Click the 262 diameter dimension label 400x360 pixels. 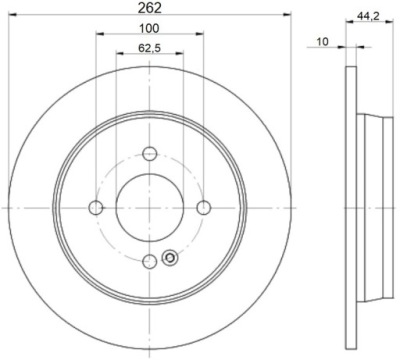[150, 7]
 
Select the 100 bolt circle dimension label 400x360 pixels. [149, 28]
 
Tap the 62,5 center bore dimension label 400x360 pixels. [149, 48]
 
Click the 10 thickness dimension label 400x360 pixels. [322, 42]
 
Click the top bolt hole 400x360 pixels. [150, 153]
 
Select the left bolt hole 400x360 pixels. [96, 208]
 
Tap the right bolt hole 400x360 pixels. [204, 208]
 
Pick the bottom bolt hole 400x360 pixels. [150, 262]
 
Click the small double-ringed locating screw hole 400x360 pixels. [170, 258]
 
